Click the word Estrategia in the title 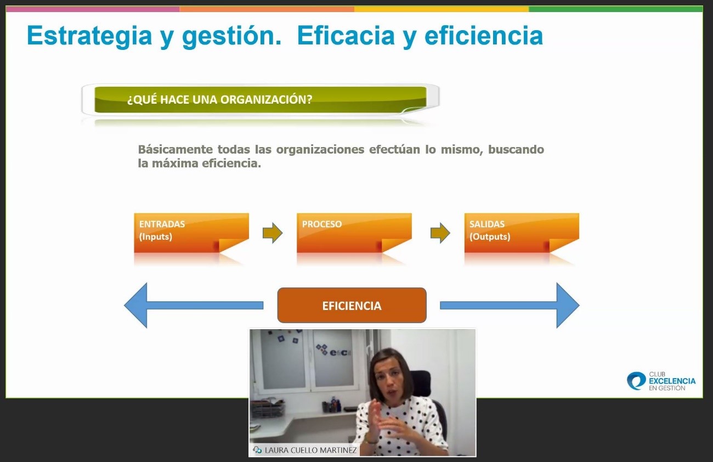(x=89, y=36)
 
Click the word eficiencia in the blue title (x=484, y=35)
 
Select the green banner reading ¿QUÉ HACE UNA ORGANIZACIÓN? (x=261, y=100)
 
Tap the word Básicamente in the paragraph (x=176, y=149)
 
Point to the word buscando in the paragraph (x=516, y=149)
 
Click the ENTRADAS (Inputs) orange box (x=191, y=233)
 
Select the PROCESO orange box (x=354, y=233)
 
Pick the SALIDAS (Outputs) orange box (x=522, y=233)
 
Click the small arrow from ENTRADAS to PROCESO (x=273, y=233)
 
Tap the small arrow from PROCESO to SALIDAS (x=440, y=233)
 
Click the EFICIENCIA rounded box (x=352, y=305)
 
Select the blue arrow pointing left (x=194, y=305)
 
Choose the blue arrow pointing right (x=510, y=305)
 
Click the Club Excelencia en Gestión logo (x=661, y=381)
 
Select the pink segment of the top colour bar (x=93, y=9)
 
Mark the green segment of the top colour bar (x=615, y=9)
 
